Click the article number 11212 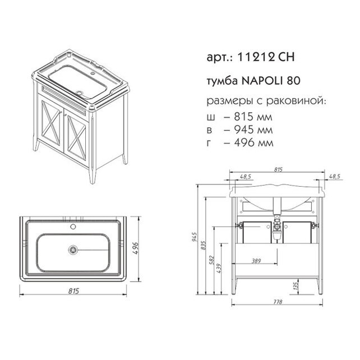click(x=256, y=57)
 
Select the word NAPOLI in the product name click(x=261, y=81)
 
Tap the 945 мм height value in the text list click(x=253, y=130)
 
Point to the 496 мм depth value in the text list click(x=253, y=143)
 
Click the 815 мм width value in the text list click(x=253, y=117)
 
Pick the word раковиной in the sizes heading click(x=296, y=101)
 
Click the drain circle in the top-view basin click(x=73, y=250)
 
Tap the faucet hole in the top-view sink click(x=73, y=227)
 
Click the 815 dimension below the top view click(x=73, y=291)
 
